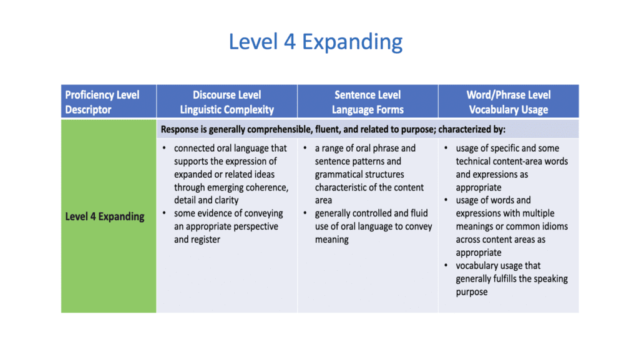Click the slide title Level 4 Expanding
[315, 42]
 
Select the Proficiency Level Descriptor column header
[102, 102]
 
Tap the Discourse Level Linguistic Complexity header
[227, 102]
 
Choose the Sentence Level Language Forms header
[368, 102]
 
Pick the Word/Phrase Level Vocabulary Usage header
[509, 102]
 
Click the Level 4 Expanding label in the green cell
[105, 216]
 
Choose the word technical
[474, 161]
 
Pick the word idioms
[555, 226]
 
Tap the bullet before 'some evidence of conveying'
[164, 213]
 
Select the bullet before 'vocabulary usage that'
[446, 266]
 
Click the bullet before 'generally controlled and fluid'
[305, 213]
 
